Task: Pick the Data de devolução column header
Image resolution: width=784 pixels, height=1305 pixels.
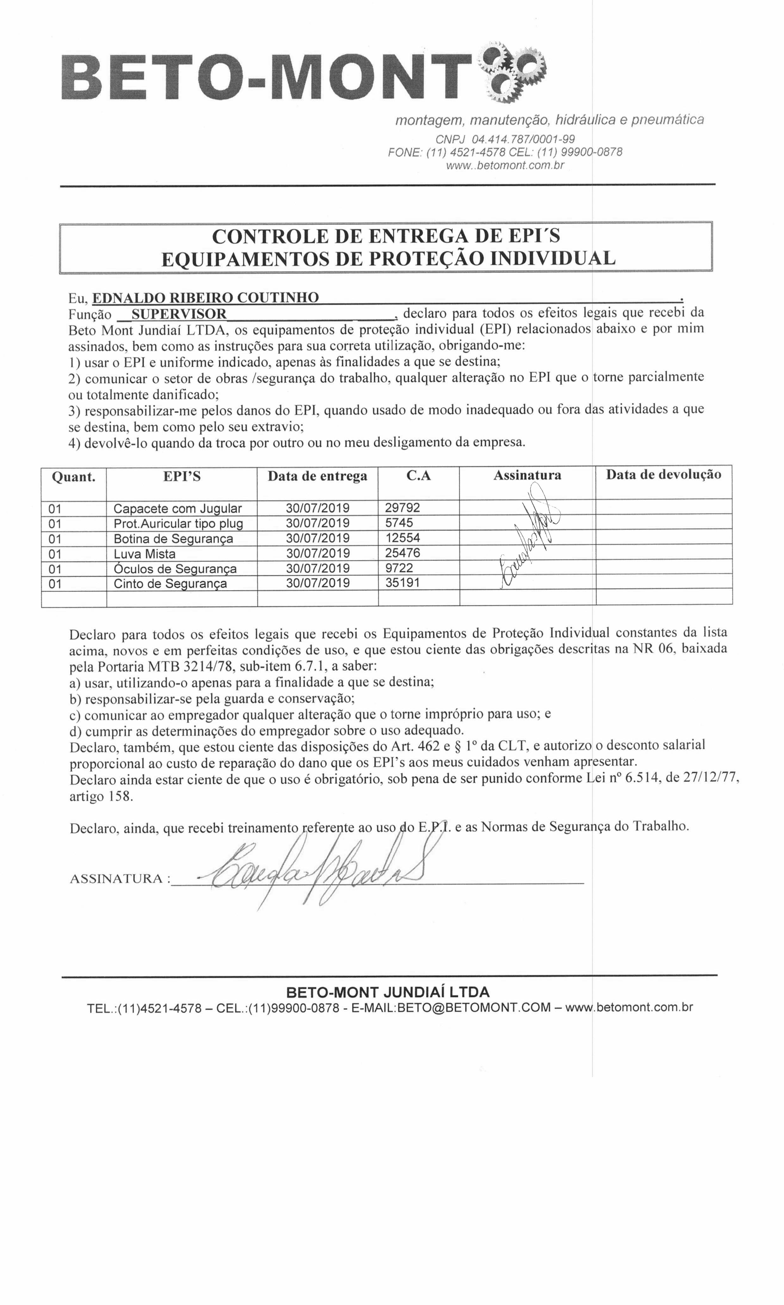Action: point(663,475)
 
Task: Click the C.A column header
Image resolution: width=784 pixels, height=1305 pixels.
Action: point(418,476)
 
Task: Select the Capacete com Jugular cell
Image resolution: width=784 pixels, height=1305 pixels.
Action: point(177,508)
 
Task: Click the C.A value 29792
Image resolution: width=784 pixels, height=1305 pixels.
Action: point(402,508)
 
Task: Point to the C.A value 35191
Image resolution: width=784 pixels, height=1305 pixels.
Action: point(402,583)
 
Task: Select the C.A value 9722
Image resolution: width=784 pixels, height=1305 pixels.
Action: point(399,568)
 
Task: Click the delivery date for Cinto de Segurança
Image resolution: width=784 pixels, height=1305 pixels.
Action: point(318,583)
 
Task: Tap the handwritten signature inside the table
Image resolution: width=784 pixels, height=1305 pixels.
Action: point(528,544)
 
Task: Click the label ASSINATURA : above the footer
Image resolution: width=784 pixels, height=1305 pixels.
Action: point(120,879)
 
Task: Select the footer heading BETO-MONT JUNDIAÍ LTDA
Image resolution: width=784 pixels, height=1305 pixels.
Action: point(388,991)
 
